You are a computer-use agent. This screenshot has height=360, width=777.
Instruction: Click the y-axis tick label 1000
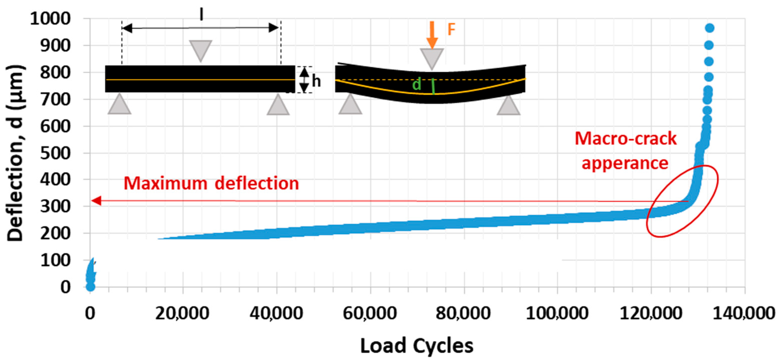50,19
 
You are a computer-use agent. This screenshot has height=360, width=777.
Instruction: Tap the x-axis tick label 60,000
370,313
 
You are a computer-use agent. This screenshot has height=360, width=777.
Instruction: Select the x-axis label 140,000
744,313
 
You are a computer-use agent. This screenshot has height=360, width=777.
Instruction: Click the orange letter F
451,29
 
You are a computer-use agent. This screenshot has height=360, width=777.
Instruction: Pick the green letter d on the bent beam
416,84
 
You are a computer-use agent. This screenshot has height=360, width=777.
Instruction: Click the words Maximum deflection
211,183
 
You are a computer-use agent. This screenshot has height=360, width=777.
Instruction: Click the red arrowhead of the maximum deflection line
96,201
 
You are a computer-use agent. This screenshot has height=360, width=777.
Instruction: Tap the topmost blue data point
709,28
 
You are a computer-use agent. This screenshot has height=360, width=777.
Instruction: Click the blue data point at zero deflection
90,287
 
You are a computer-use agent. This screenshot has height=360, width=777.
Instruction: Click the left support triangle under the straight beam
119,105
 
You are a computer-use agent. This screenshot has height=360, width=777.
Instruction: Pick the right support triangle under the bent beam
509,106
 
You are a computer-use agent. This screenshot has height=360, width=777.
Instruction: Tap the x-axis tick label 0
90,313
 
